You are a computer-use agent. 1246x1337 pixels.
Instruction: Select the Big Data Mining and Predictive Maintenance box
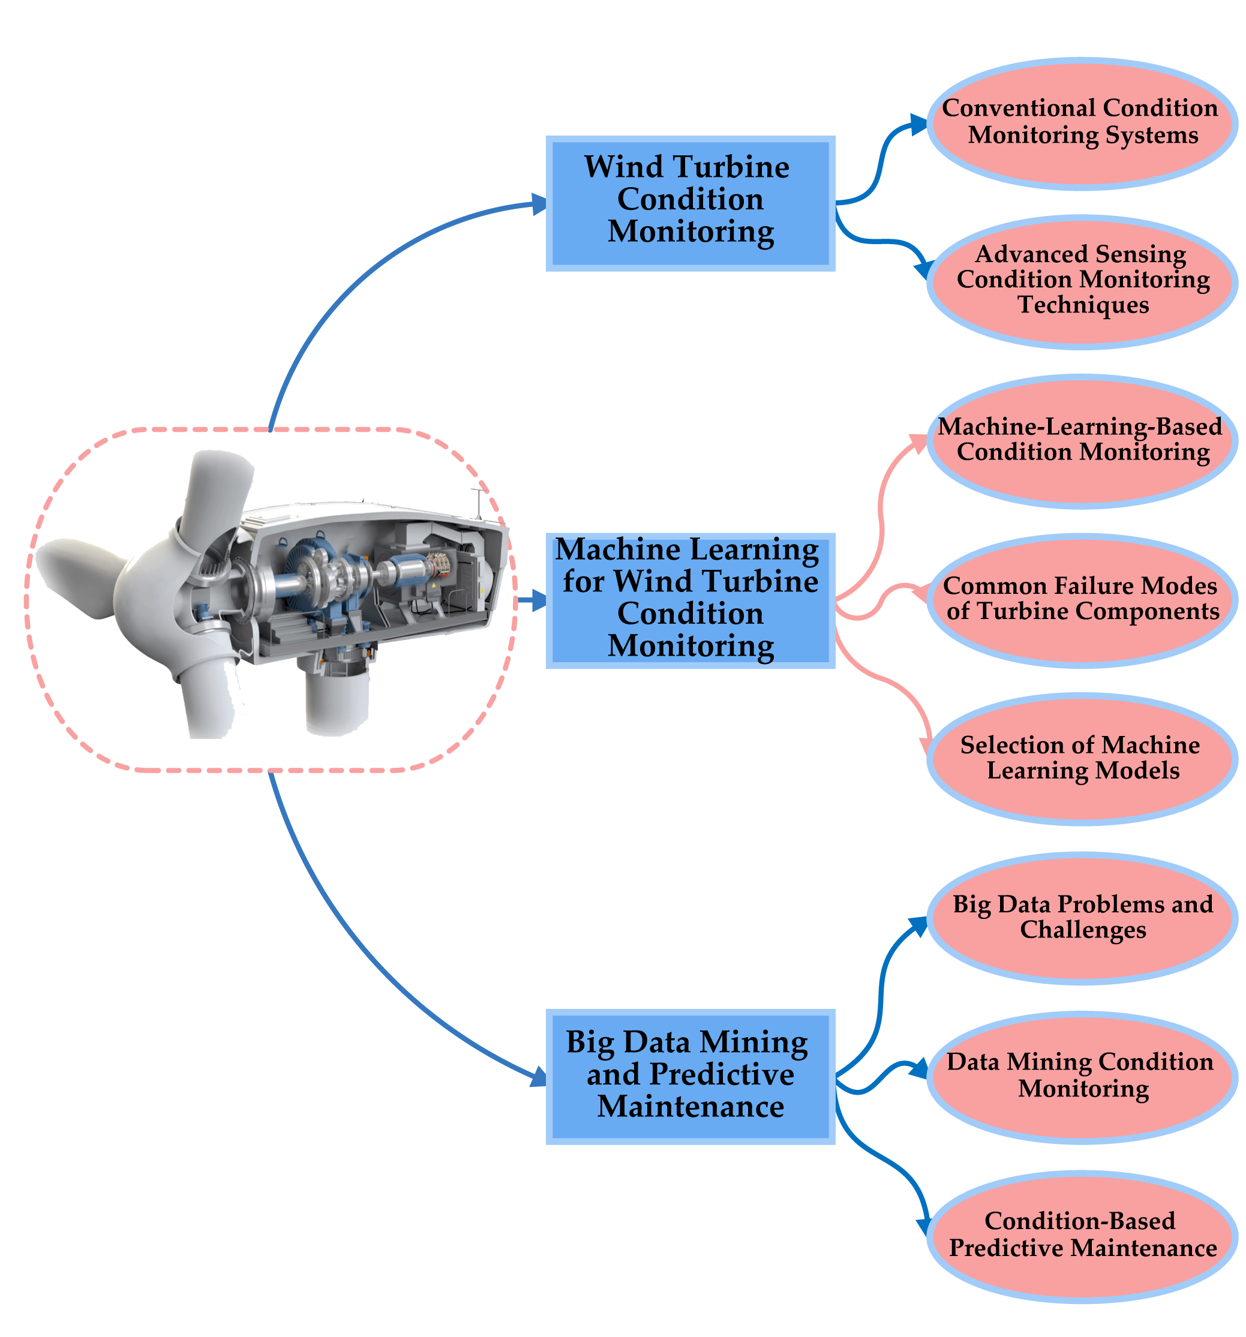[690, 1077]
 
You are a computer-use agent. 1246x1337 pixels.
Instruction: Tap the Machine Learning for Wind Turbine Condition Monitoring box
[690, 600]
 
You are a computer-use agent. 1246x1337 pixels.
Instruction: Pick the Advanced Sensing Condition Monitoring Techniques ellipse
[1082, 281]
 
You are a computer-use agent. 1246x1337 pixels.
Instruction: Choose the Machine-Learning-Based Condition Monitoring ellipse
[1082, 440]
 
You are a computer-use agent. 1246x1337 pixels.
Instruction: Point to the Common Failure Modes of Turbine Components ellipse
[1082, 600]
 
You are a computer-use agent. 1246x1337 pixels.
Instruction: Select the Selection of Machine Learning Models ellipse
[1082, 759]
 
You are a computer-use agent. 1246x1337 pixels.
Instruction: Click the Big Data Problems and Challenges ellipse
[1082, 918]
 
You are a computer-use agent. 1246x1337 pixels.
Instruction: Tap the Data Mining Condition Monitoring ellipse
[1082, 1077]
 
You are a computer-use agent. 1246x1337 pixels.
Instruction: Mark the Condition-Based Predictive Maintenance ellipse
[1082, 1236]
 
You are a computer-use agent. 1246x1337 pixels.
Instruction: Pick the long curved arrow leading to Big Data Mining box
[350, 942]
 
